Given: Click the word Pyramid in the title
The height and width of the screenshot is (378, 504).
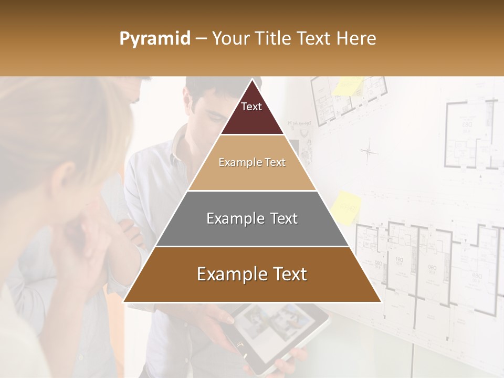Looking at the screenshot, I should [155, 38].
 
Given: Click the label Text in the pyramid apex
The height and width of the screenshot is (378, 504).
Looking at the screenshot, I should [251, 107].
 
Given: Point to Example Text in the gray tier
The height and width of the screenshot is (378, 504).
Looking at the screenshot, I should [252, 218].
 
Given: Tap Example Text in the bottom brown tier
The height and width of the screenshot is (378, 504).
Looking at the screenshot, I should [252, 274].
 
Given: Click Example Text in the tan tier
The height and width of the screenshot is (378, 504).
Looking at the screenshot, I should [252, 162].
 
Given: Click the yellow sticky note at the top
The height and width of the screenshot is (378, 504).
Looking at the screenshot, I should [347, 86].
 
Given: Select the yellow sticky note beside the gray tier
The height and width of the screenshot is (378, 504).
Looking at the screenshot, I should [346, 208].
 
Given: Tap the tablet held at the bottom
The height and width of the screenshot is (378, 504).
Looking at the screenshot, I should [278, 336].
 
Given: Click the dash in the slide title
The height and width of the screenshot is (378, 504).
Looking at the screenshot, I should [201, 39].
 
